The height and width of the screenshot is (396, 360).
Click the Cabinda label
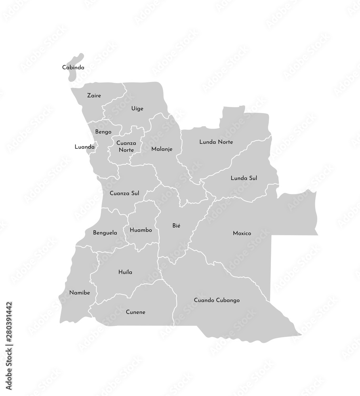(x=73, y=68)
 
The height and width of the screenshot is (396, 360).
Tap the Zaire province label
(x=94, y=95)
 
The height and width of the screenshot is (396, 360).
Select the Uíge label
(x=137, y=109)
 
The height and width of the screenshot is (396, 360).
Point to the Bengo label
(x=103, y=132)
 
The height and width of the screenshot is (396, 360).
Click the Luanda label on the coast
(x=84, y=147)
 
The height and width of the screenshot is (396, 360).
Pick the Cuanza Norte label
(x=126, y=147)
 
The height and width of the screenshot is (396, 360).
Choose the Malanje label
(x=162, y=149)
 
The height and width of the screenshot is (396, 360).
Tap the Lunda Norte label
(x=216, y=142)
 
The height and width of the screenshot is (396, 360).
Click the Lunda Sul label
(x=244, y=178)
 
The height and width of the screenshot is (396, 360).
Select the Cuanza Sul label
(x=124, y=194)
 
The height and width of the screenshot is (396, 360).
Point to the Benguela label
(x=105, y=233)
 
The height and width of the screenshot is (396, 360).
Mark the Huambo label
(x=141, y=230)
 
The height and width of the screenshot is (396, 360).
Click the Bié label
(x=176, y=225)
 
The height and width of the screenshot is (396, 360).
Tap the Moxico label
(x=242, y=233)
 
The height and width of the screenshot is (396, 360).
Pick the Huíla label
(x=125, y=272)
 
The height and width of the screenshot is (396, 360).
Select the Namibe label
(x=80, y=293)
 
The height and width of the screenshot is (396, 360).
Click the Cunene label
(x=135, y=312)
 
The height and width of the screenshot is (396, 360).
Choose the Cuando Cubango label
(x=217, y=301)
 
